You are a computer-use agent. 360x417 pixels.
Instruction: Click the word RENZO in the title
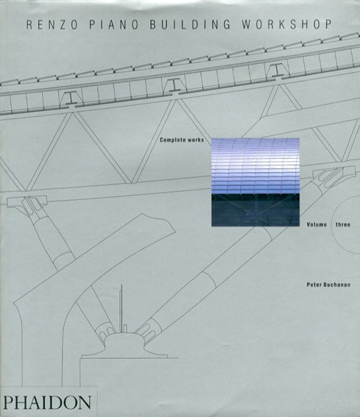(52, 24)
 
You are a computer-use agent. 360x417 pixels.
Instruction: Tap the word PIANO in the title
(113, 24)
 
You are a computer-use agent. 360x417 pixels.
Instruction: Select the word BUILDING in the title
(190, 24)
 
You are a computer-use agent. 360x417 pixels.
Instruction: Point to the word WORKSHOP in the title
(287, 24)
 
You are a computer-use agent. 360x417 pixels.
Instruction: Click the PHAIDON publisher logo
(47, 402)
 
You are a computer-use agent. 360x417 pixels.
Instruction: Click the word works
(195, 140)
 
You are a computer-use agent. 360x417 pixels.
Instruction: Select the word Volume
(317, 224)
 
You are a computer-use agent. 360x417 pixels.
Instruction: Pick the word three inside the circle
(342, 224)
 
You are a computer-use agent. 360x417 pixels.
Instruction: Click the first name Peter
(314, 285)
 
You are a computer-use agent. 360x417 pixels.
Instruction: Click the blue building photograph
(255, 182)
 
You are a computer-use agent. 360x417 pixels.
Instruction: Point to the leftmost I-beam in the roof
(71, 98)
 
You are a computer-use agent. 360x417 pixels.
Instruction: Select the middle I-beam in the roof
(174, 85)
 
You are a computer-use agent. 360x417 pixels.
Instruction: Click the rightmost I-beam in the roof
(277, 71)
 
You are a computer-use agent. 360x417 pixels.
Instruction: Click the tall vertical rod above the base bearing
(121, 308)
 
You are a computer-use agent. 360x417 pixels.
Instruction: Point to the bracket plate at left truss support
(27, 201)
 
